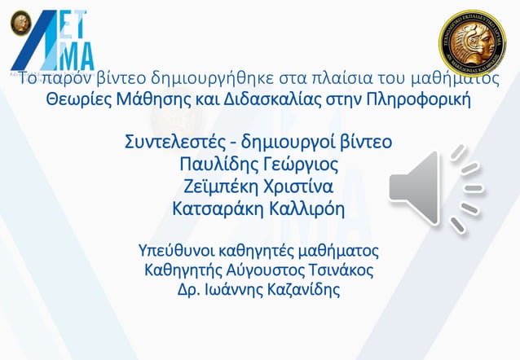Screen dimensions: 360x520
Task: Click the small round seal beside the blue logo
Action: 19,22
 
